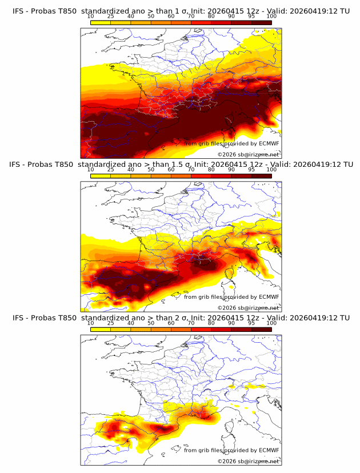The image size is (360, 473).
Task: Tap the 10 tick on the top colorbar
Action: pyautogui.click(x=90, y=16)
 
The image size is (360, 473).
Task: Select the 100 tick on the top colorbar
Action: pyautogui.click(x=271, y=16)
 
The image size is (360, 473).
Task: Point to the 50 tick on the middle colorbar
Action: pyautogui.click(x=151, y=170)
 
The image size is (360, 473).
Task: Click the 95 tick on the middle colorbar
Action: pyautogui.click(x=251, y=170)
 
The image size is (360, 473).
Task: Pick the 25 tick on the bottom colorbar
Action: pyautogui.click(x=110, y=323)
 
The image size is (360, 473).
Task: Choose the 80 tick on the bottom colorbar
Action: pyautogui.click(x=211, y=323)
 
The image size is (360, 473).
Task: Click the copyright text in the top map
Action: pyautogui.click(x=248, y=155)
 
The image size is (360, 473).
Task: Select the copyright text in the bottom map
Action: pyautogui.click(x=248, y=461)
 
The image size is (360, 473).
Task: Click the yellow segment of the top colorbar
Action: pyautogui.click(x=100, y=22)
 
